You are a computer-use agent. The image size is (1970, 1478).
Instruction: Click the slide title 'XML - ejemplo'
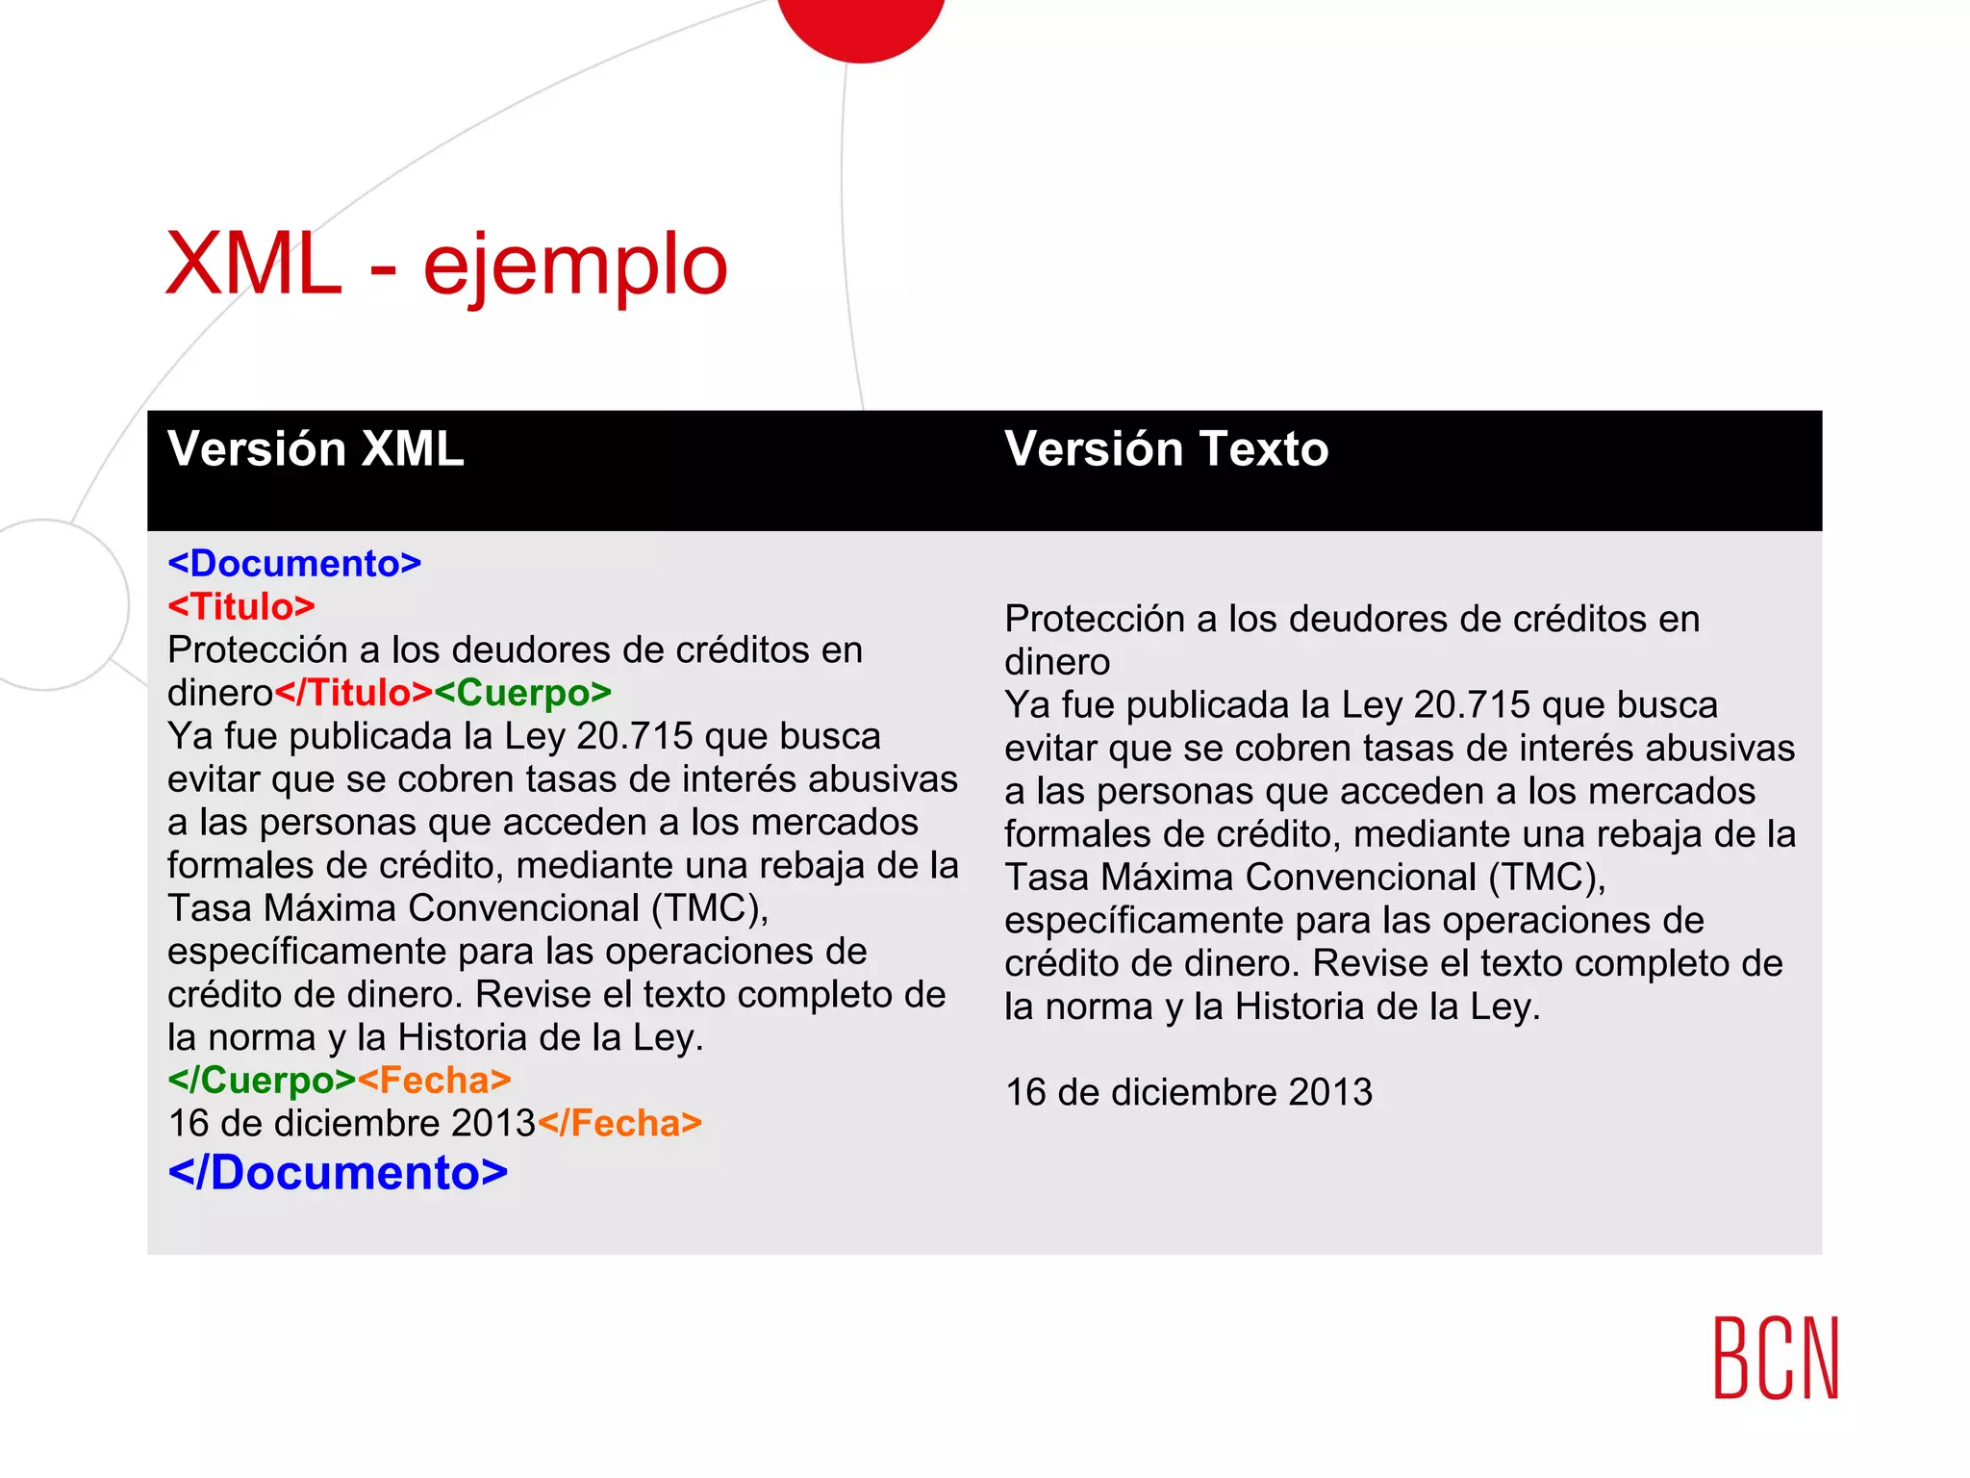[446, 265]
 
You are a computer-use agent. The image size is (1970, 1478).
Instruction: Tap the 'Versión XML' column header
[316, 449]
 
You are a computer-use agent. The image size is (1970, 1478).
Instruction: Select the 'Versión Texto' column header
[1166, 449]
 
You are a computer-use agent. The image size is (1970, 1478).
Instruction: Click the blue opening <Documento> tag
[294, 564]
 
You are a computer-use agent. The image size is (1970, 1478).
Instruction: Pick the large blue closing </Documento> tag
[338, 1173]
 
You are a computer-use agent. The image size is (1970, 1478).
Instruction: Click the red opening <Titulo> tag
[241, 607]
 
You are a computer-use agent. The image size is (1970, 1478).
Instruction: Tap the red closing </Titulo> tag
[354, 693]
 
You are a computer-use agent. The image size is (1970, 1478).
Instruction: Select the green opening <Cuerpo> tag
[522, 693]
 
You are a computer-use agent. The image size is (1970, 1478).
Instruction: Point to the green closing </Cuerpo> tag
[262, 1081]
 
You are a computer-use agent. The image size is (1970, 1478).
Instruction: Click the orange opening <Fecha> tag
[434, 1081]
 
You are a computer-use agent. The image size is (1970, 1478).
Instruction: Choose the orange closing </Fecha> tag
[619, 1124]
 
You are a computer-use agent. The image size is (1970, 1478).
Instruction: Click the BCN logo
[1776, 1358]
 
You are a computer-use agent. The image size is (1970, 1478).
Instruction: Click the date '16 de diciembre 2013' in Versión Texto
[1189, 1093]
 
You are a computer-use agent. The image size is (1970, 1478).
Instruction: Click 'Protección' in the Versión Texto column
[1095, 620]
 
